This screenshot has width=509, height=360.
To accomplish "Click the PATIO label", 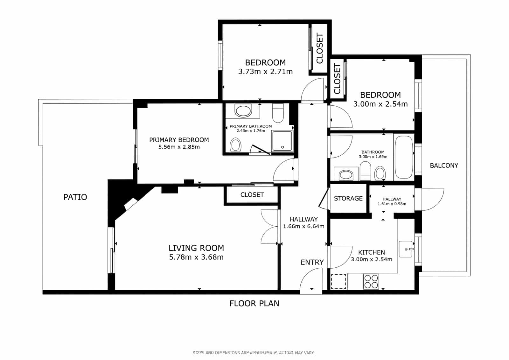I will [75, 197].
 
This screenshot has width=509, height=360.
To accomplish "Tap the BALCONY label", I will [444, 166].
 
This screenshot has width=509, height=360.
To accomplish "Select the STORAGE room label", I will [348, 198].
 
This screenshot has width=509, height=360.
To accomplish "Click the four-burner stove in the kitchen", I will [371, 281].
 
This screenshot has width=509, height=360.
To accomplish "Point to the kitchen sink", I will [406, 249].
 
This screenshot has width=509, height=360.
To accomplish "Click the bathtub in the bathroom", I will [404, 157].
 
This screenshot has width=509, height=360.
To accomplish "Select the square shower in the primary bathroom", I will [282, 141].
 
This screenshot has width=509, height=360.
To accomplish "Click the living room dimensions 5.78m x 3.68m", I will [196, 257].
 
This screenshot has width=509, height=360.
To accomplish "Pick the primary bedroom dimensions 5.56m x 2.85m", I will [179, 147].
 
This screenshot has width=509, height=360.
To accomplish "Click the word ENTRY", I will [312, 262].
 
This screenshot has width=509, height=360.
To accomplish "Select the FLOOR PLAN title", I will [254, 303].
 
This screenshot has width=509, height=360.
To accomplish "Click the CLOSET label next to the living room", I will [252, 195].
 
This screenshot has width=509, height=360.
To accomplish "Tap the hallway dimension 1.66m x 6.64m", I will [303, 227].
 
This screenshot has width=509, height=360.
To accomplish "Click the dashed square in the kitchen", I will [338, 281].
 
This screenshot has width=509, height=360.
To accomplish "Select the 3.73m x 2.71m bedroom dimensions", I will [265, 72].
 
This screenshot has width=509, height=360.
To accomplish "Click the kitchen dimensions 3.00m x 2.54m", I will [371, 259].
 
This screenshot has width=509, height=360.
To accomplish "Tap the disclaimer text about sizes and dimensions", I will [254, 353].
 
